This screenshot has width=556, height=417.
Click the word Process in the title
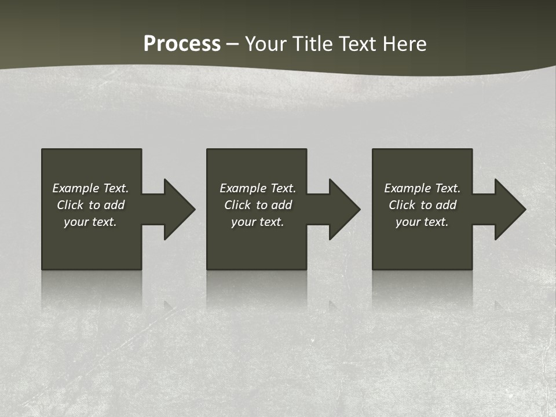[182, 44]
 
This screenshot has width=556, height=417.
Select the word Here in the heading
[404, 44]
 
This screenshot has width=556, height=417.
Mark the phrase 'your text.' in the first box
[90, 222]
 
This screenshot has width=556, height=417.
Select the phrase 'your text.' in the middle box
[258, 222]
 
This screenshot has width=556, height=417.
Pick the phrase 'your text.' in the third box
[422, 222]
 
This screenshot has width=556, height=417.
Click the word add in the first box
[114, 205]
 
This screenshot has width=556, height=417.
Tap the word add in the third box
[446, 205]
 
